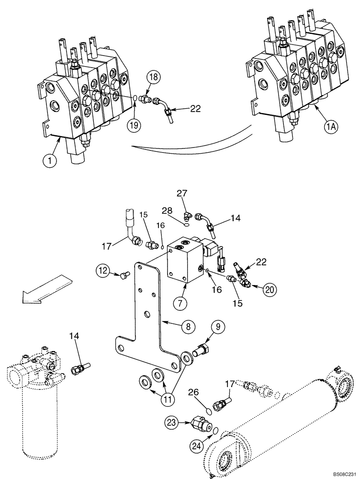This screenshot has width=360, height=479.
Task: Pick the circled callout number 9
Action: [x=218, y=328]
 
